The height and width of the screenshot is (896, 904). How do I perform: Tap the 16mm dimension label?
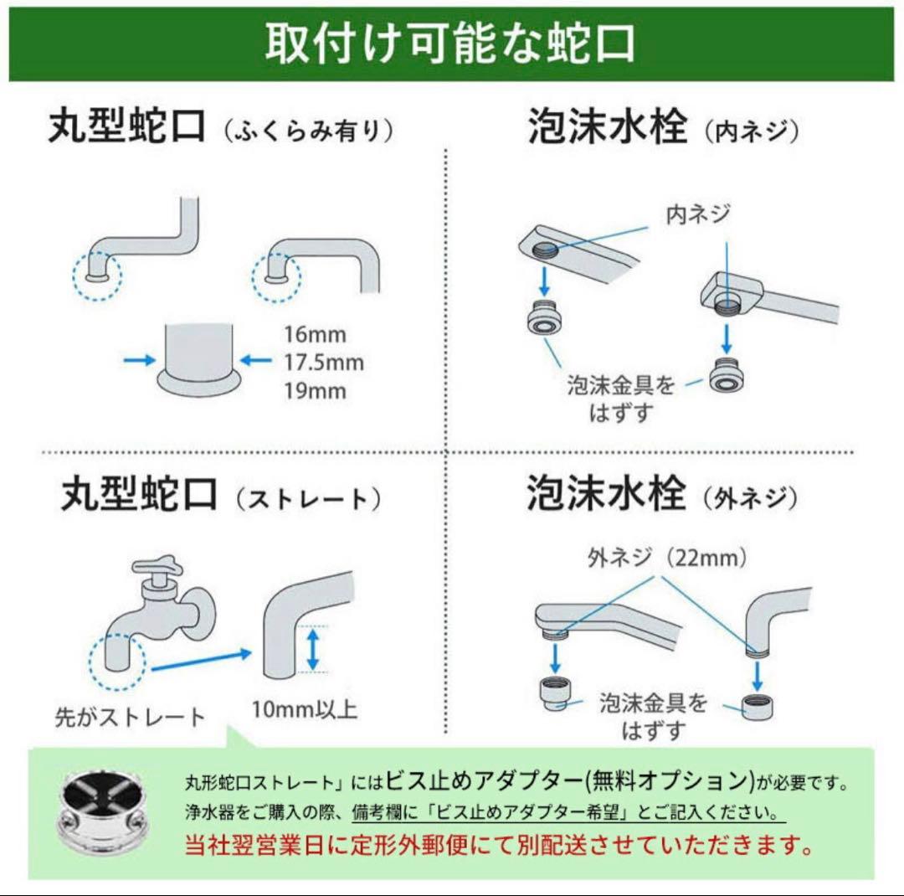[314, 336]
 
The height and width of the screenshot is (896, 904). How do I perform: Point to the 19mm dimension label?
[314, 391]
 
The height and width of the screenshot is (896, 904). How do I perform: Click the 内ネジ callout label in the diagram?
[697, 215]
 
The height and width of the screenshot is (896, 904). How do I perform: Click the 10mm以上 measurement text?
[305, 710]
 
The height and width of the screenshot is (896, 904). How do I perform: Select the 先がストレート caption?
[130, 717]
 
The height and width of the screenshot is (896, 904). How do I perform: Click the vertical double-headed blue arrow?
[312, 650]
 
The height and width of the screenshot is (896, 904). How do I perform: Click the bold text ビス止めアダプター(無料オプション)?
[570, 781]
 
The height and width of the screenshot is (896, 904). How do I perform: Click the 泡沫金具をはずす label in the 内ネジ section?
[620, 399]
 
